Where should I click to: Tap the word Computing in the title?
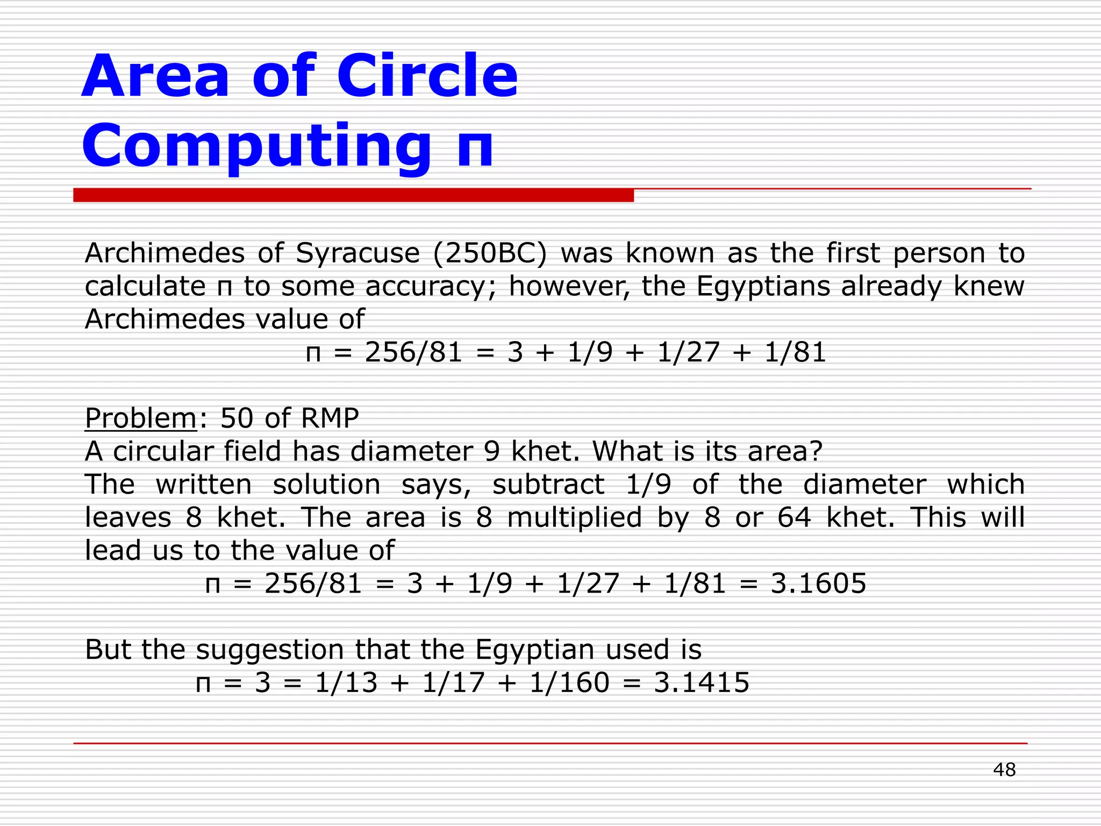click(256, 146)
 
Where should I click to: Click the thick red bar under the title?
click(353, 195)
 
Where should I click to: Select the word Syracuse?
click(358, 253)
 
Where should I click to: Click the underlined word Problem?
click(141, 418)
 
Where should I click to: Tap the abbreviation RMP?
click(330, 418)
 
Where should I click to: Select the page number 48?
click(1004, 770)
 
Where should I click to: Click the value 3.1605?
click(818, 583)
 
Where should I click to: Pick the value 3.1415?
click(702, 683)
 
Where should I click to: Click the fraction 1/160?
click(569, 683)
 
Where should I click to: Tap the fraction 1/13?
click(346, 683)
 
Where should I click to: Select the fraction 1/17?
click(454, 683)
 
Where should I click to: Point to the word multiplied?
click(574, 517)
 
